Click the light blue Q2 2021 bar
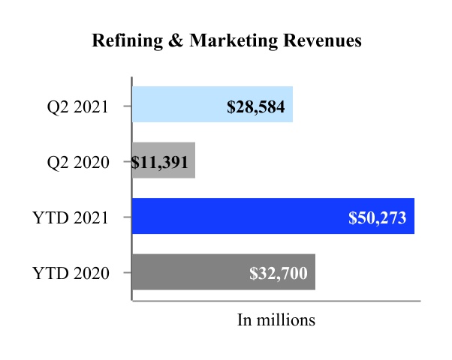coord(180,105)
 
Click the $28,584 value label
coord(256,106)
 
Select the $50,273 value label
coord(377,217)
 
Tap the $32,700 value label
coord(278,273)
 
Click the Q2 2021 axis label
coord(74,106)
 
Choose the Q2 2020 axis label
coord(74,161)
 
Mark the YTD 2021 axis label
coord(71,217)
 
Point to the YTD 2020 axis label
coord(71,273)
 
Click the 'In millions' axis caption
coord(276,319)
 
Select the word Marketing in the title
coord(225,41)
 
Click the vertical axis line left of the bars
coord(132,187)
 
